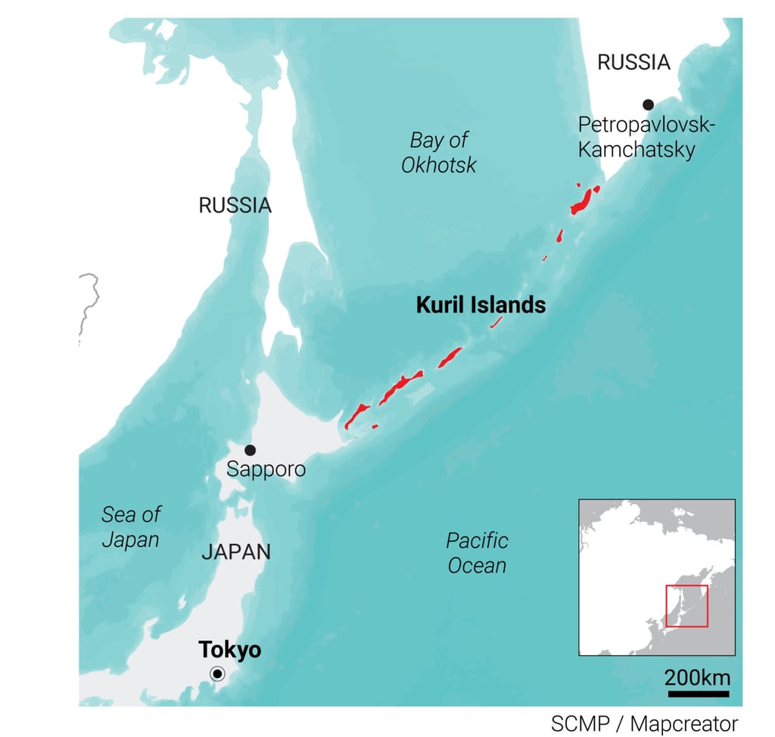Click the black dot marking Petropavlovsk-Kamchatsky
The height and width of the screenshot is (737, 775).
pos(648,104)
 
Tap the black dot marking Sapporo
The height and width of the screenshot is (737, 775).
pos(250,449)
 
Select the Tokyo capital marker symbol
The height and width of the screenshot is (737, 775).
pos(217,674)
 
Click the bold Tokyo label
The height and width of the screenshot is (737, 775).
pos(229,649)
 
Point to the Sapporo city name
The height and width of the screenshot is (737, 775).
pos(266,469)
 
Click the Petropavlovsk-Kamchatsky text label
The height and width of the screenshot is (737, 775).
pos(645,137)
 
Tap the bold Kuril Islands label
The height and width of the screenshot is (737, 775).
pos(481,305)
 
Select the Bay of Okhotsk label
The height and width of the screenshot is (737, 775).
pos(439,152)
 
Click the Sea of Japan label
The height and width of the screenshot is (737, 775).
pos(131,527)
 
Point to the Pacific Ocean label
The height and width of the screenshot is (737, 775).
pos(477,552)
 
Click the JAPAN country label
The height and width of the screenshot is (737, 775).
pos(235,552)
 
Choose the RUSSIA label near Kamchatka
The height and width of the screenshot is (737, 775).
pos(633,62)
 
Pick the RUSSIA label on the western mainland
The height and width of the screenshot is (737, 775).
pos(235,205)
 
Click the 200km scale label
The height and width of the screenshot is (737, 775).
pos(698,676)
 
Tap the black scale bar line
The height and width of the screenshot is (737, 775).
pos(698,692)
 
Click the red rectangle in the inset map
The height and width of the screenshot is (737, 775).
pos(686,605)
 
